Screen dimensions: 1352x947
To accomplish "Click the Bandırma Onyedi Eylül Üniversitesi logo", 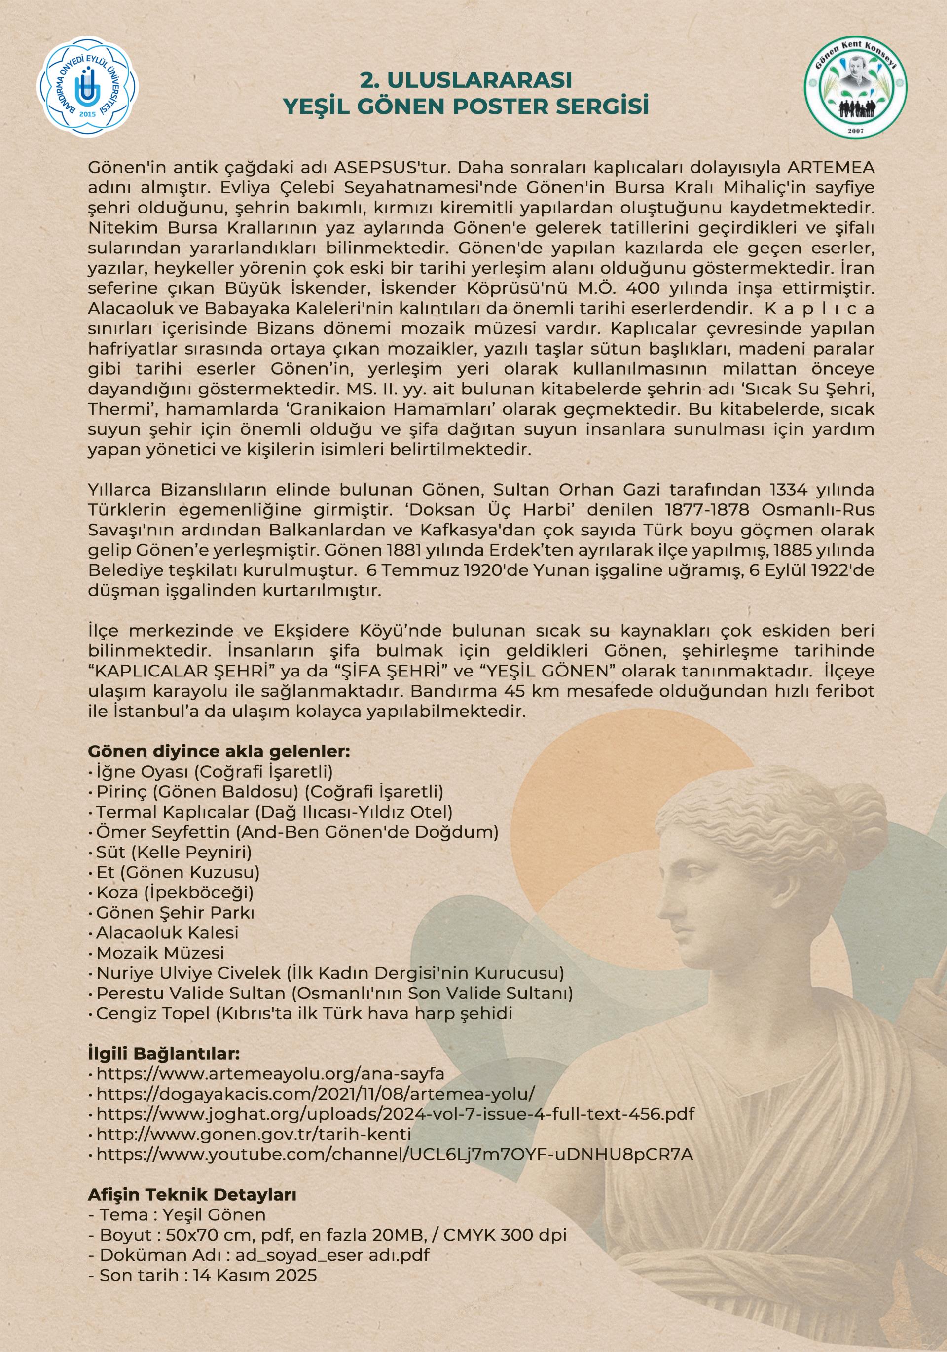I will [x=89, y=87].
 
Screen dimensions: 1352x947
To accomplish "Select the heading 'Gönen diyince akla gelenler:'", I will [x=219, y=751].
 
